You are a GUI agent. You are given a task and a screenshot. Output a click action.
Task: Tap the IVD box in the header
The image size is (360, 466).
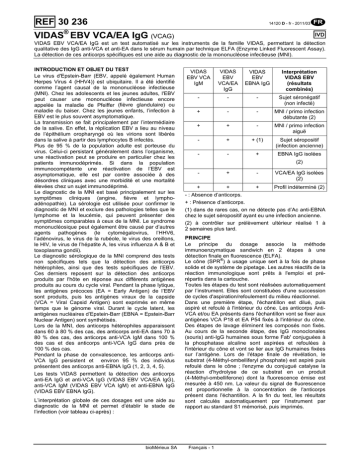point(341,32)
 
